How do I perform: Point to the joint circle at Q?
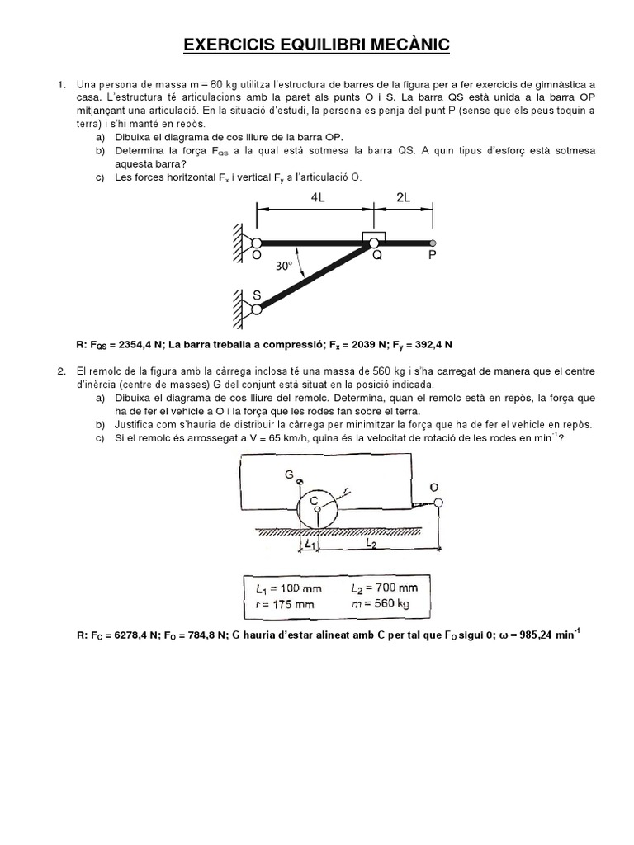coord(374,243)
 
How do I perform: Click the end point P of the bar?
coord(433,243)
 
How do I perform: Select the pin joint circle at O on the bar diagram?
coord(256,243)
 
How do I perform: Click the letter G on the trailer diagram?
coord(290,474)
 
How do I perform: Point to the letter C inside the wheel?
coord(315,500)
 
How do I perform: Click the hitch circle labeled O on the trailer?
coord(437,503)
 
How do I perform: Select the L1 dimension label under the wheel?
coord(309,545)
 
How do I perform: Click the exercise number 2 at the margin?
coord(60,373)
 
